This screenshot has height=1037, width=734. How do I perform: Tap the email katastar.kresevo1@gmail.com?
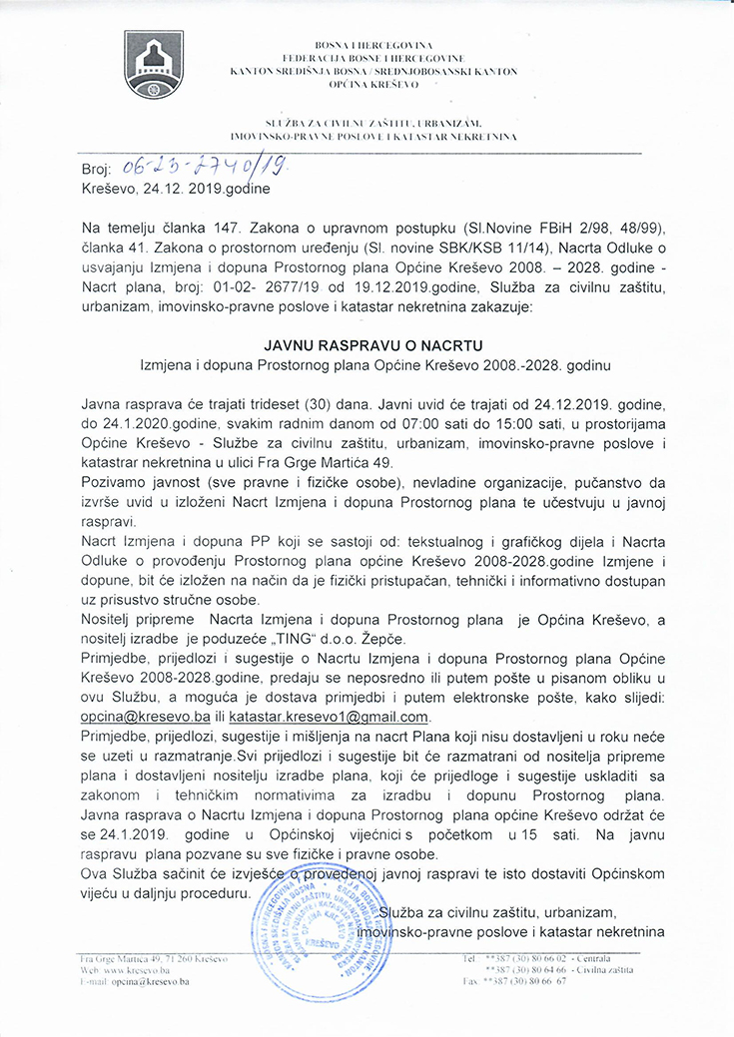click(329, 717)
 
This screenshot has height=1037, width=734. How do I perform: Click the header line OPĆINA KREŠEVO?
click(372, 87)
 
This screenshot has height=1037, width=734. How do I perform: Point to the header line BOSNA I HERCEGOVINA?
click(372, 46)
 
